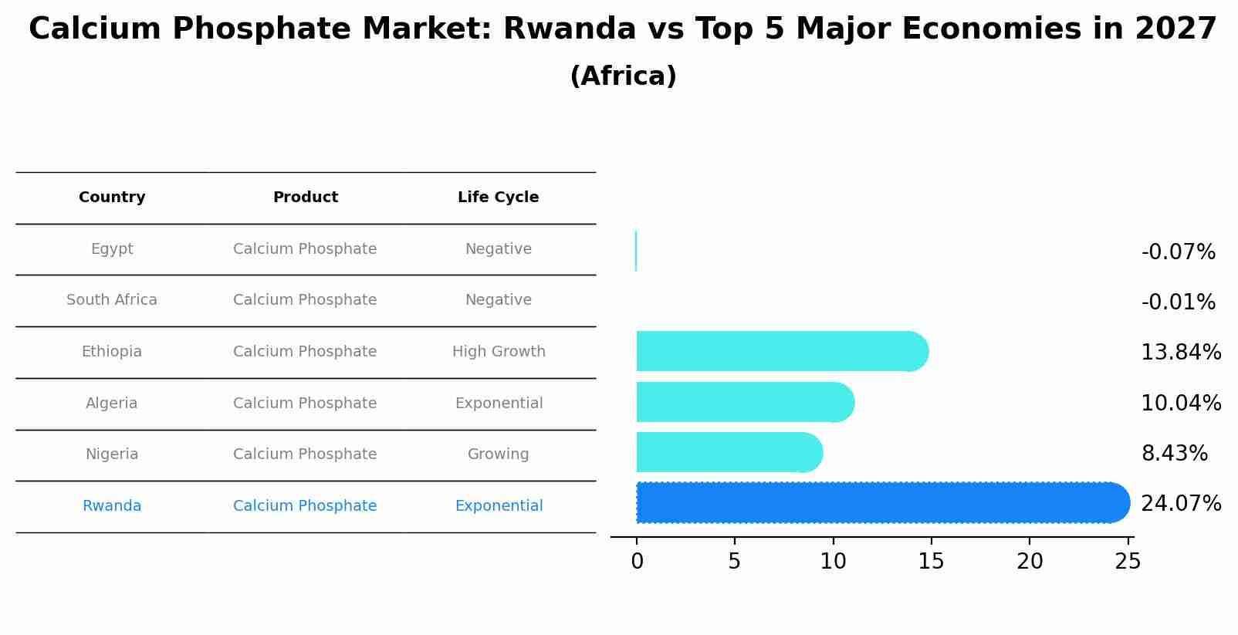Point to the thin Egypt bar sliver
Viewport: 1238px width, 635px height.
[636, 251]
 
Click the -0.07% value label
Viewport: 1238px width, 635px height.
[1178, 252]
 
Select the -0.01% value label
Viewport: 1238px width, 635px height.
[1178, 302]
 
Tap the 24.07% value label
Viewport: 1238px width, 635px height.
[1180, 504]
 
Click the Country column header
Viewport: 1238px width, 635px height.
[112, 198]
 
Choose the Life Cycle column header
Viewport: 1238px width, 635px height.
[498, 198]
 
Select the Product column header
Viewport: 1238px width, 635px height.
[305, 198]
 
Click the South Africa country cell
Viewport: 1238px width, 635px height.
[112, 300]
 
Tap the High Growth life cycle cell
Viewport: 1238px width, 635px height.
[499, 352]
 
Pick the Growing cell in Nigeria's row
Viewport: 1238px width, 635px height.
[498, 454]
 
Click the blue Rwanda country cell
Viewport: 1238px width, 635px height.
[112, 506]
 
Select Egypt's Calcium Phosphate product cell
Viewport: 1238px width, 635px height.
[305, 249]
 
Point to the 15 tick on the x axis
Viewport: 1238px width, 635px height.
[931, 561]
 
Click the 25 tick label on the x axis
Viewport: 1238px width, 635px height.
[1128, 561]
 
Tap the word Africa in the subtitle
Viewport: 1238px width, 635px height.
[623, 76]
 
